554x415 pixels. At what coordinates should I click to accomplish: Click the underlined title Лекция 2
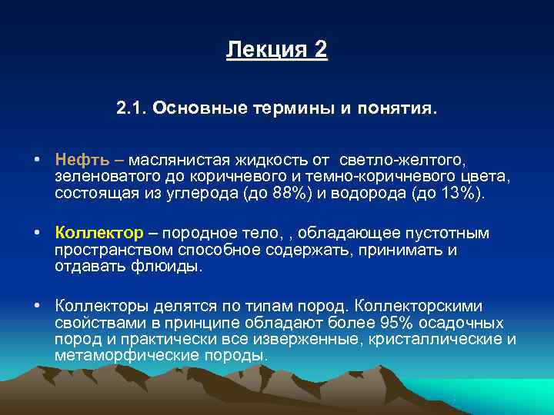[x=277, y=51]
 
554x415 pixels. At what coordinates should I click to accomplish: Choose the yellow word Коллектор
[x=98, y=233]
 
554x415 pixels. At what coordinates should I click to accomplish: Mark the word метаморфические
[x=125, y=355]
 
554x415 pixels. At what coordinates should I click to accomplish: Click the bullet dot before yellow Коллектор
[x=36, y=233]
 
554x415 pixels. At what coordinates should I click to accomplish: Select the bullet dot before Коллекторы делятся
[x=36, y=305]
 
